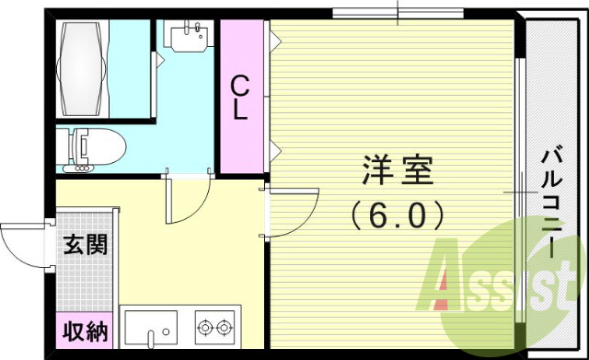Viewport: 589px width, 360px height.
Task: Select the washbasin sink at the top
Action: (x=191, y=38)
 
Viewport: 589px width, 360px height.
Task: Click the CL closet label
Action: (x=239, y=98)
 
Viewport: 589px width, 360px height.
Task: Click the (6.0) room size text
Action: (x=398, y=215)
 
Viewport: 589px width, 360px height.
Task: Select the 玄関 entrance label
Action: (x=85, y=245)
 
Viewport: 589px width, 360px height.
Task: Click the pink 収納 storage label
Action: (x=85, y=330)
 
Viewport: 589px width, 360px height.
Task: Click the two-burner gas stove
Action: (x=216, y=327)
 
